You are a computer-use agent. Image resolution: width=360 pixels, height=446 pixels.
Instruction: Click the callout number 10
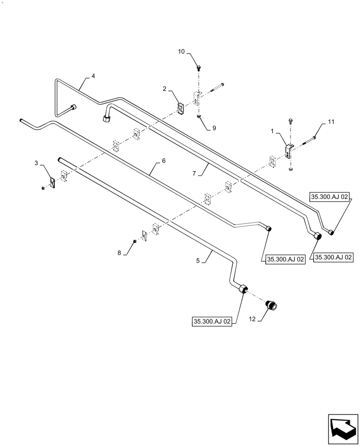(x=181, y=52)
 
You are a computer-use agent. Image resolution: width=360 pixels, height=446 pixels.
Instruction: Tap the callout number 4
(x=93, y=76)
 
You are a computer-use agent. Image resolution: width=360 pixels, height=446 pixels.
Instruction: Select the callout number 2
(x=165, y=89)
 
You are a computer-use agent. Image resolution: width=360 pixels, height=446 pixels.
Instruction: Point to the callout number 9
(x=214, y=128)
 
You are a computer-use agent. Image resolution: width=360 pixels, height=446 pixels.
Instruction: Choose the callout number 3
(x=37, y=164)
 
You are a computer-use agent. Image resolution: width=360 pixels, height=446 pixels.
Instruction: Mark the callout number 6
(x=164, y=161)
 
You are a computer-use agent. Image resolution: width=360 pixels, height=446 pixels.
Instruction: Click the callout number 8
(x=119, y=253)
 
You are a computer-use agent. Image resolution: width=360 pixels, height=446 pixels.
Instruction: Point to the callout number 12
(x=252, y=319)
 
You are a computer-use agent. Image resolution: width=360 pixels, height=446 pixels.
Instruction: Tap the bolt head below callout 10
(x=198, y=68)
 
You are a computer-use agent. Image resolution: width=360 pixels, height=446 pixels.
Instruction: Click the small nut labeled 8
(x=134, y=242)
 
